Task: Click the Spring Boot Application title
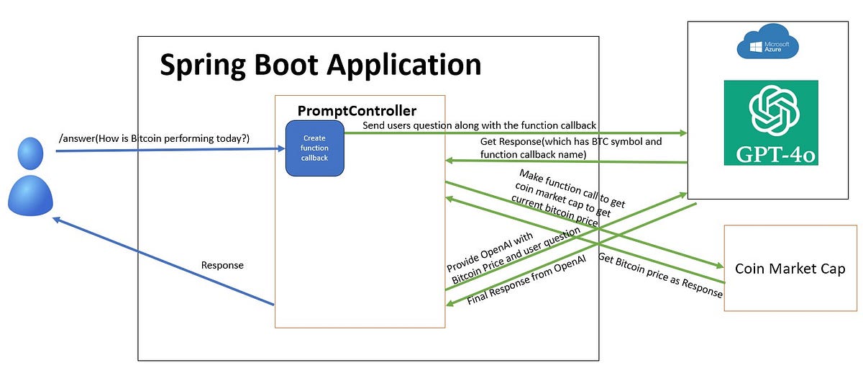(320, 65)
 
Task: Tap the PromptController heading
(357, 111)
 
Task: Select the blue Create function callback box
(314, 148)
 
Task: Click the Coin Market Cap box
(790, 269)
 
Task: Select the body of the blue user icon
(31, 194)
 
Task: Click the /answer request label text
(154, 138)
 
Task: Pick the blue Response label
(222, 265)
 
